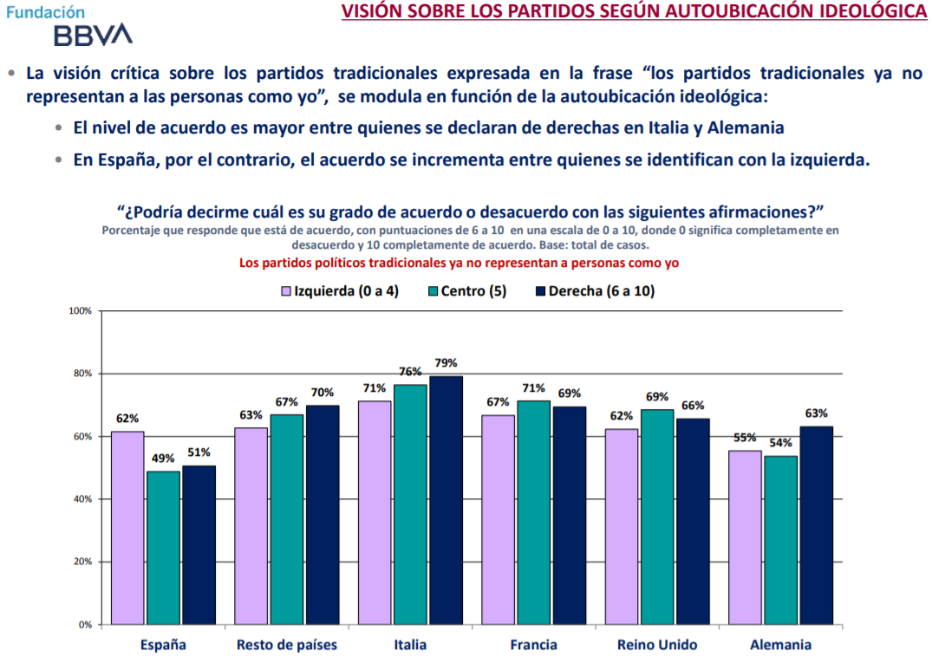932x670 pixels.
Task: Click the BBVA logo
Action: tap(93, 35)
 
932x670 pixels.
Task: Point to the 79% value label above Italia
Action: tap(446, 363)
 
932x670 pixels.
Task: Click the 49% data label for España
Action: tap(163, 459)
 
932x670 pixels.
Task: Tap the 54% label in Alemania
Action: tap(781, 443)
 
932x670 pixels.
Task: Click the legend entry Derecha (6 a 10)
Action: tap(595, 291)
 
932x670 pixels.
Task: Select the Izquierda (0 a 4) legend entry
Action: tap(339, 291)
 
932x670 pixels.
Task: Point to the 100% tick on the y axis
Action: tap(80, 311)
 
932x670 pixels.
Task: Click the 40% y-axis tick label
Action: tap(82, 499)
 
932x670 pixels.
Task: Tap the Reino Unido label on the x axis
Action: tap(657, 645)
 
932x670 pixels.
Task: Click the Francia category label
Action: tap(533, 645)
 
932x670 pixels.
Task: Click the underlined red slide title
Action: tap(633, 12)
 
